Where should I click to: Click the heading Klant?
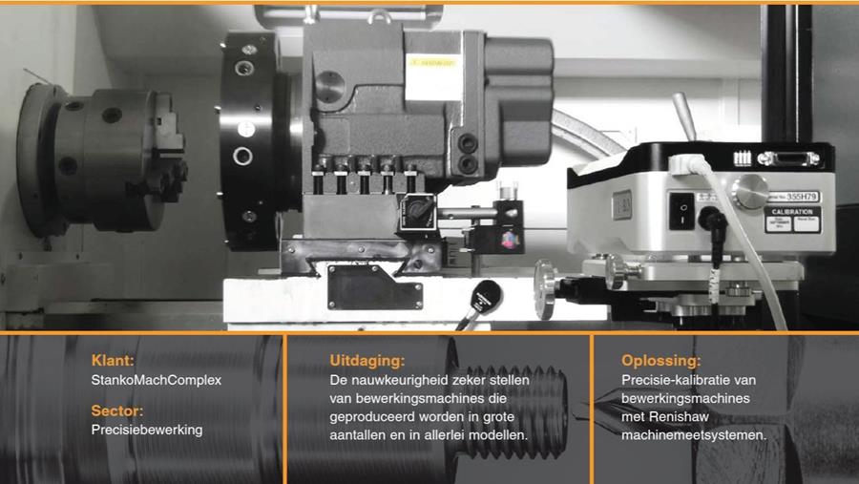(113, 360)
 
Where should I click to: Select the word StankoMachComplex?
(157, 380)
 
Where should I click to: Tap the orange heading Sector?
(117, 410)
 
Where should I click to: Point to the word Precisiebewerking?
(147, 430)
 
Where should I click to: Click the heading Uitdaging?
(367, 361)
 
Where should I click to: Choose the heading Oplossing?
(660, 361)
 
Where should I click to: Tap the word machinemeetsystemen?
(694, 435)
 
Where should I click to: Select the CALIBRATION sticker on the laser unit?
(792, 220)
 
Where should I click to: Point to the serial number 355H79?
(802, 197)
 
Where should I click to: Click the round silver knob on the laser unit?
(750, 191)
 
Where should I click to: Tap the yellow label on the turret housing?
(432, 62)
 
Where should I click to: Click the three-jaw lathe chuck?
(104, 159)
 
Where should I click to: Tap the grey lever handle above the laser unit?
(684, 116)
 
